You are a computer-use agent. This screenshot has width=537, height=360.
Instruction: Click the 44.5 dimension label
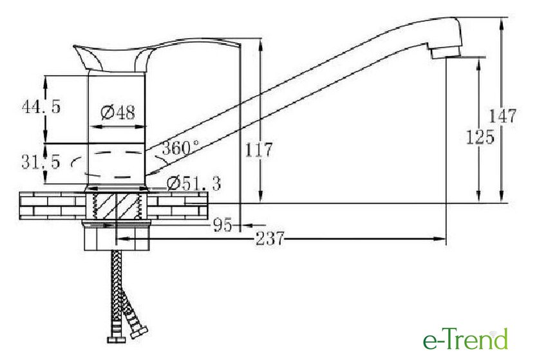(41, 106)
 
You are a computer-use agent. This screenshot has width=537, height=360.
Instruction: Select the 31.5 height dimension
(41, 162)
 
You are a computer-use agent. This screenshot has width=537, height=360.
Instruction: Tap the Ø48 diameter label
(118, 112)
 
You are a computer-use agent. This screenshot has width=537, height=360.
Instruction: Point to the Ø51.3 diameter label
(194, 184)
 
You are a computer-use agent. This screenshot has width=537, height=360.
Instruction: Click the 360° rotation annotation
(180, 148)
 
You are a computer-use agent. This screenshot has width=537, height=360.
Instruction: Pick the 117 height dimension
(259, 150)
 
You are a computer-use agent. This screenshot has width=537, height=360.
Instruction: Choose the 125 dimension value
(480, 137)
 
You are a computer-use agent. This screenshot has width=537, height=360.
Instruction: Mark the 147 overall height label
(502, 116)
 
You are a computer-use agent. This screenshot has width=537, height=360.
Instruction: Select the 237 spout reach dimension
(270, 238)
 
